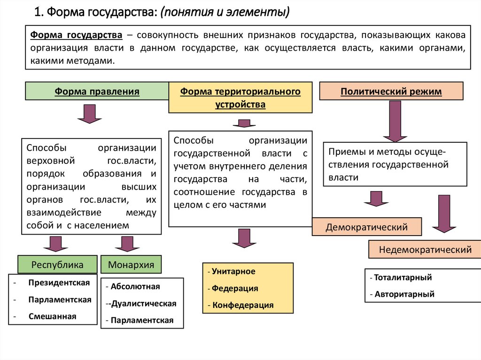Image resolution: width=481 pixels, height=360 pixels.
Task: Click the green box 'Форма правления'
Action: pos(97,91)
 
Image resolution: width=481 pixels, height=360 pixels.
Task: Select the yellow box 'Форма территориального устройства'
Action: pos(240,98)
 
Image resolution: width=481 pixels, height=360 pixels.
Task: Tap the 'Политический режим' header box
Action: pos(391,91)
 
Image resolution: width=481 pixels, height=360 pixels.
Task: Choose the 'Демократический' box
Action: pos(367,228)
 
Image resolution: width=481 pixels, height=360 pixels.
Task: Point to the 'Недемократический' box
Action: pos(425,249)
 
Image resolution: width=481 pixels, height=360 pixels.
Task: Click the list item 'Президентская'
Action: pos(59,283)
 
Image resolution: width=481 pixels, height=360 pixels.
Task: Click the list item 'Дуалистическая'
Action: pos(143,303)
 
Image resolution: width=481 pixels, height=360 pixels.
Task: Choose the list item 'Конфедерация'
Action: pos(243,305)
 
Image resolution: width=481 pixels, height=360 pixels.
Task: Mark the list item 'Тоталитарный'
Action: pos(403,277)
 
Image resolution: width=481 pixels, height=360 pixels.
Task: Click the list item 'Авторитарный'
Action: pos(404,294)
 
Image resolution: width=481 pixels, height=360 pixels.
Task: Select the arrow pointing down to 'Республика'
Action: pos(55,244)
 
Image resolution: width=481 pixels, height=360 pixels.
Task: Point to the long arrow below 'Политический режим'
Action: pos(395,121)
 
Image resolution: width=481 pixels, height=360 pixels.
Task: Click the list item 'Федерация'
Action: pos(235,288)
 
